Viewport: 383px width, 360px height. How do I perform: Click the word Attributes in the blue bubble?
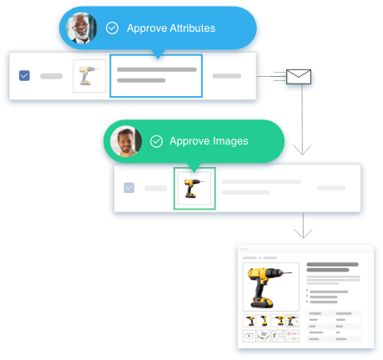pyautogui.click(x=193, y=28)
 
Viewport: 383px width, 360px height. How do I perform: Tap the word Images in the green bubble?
pyautogui.click(x=229, y=141)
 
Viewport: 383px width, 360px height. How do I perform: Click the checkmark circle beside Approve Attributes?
pyautogui.click(x=112, y=28)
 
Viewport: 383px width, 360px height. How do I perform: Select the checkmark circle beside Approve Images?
pyautogui.click(x=156, y=141)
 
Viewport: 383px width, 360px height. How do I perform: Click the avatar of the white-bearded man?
pyautogui.click(x=82, y=28)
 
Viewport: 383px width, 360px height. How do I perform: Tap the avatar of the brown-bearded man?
pyautogui.click(x=126, y=141)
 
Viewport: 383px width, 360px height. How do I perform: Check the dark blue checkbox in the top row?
pyautogui.click(x=24, y=75)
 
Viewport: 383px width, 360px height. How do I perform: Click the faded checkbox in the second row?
pyautogui.click(x=129, y=188)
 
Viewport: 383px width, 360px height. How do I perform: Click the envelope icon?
pyautogui.click(x=299, y=77)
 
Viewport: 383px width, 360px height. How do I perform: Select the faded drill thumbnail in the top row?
pyautogui.click(x=89, y=76)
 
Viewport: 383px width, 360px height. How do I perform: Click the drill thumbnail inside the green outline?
pyautogui.click(x=194, y=189)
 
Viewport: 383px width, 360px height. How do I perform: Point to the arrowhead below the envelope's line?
pyautogui.click(x=302, y=150)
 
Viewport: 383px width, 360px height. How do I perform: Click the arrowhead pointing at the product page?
pyautogui.click(x=303, y=234)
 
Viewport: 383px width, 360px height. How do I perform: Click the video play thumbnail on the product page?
pyautogui.click(x=249, y=336)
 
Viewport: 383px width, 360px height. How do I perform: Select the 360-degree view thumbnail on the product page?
pyautogui.click(x=264, y=336)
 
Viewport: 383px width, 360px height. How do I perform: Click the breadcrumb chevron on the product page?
pyautogui.click(x=260, y=258)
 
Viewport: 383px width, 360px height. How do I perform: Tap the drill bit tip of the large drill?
pyautogui.click(x=291, y=273)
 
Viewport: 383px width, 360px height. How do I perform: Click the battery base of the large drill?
pyautogui.click(x=262, y=302)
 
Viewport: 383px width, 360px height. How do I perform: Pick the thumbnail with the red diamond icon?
pyautogui.click(x=292, y=336)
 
